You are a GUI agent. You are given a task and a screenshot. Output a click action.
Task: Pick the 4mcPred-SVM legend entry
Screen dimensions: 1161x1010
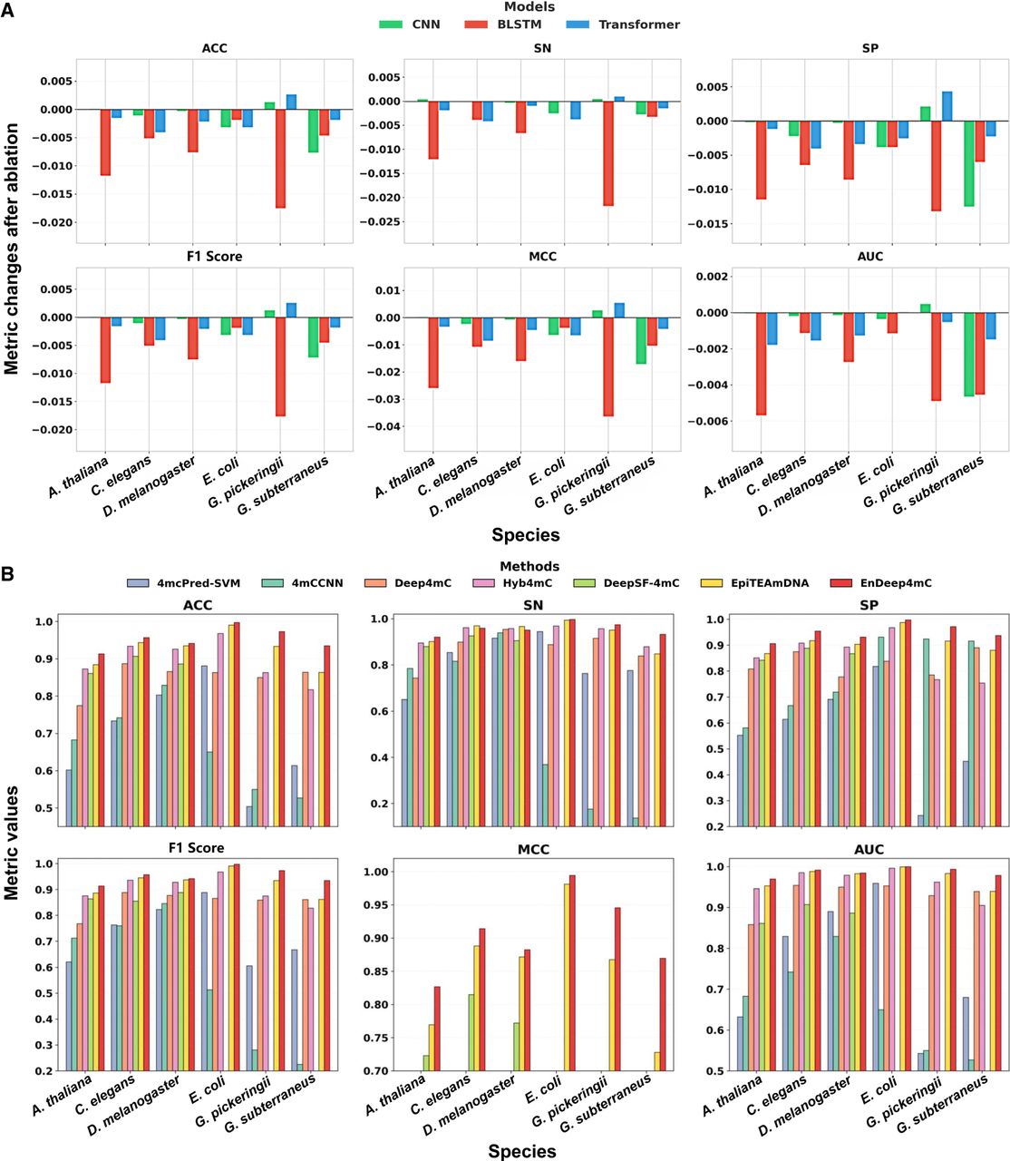click(x=184, y=582)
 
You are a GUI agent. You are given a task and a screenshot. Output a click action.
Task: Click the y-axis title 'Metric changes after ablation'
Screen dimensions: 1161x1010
click(x=12, y=249)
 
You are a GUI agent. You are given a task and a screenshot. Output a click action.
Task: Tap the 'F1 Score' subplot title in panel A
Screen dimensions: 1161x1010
click(x=215, y=257)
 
